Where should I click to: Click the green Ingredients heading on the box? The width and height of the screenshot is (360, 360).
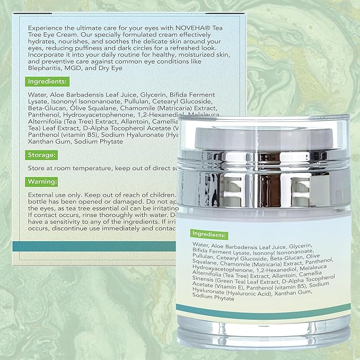pos(47,82)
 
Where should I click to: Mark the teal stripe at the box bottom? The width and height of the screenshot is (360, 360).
pos(95,245)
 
